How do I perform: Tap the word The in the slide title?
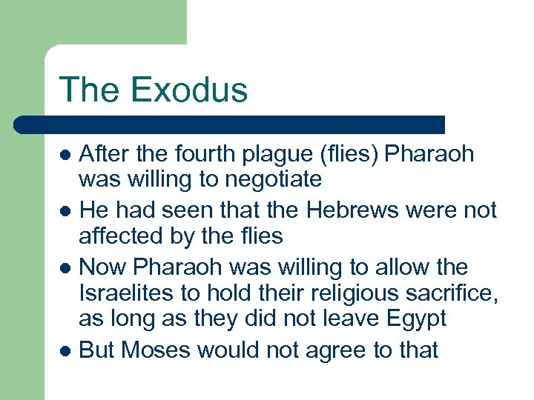(87, 90)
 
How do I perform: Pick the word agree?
(325, 351)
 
